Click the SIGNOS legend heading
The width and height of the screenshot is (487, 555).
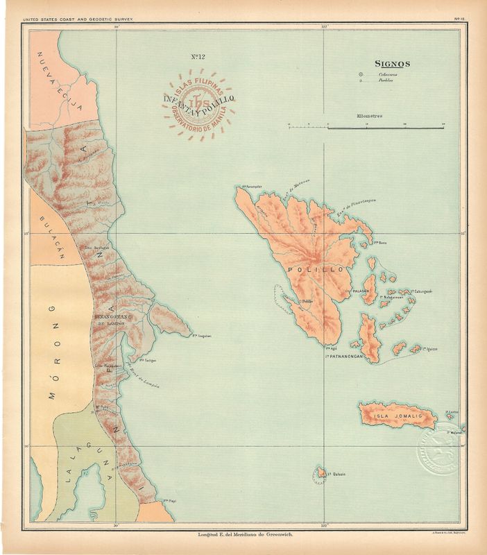[x=392, y=64]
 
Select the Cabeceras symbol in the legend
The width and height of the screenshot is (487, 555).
[x=362, y=74]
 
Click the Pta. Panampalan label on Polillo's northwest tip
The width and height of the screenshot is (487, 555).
[x=251, y=186]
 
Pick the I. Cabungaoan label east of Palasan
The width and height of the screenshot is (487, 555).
[x=422, y=291]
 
